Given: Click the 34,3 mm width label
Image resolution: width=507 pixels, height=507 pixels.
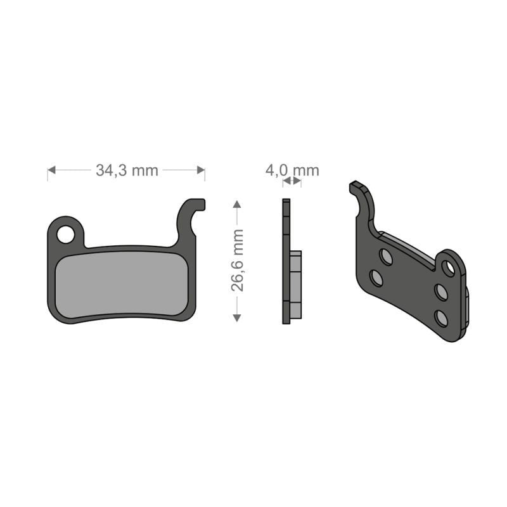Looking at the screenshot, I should (127, 170).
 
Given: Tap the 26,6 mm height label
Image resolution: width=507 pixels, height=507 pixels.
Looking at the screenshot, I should (238, 260).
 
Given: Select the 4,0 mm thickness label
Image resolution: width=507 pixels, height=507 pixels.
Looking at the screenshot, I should (292, 170).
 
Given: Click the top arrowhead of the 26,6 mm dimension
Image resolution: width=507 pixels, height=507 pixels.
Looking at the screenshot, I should (237, 205).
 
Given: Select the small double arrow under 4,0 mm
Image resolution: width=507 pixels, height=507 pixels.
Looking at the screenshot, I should (292, 181).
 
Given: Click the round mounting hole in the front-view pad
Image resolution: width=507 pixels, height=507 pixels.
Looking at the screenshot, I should (65, 234).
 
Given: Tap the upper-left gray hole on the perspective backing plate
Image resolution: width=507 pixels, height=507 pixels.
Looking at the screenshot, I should (385, 256).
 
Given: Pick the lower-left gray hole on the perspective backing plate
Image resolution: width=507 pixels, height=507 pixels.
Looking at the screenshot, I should (376, 278).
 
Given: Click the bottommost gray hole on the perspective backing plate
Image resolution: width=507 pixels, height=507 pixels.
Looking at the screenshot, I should (442, 318).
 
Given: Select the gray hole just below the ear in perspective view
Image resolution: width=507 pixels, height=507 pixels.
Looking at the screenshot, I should (441, 292).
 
